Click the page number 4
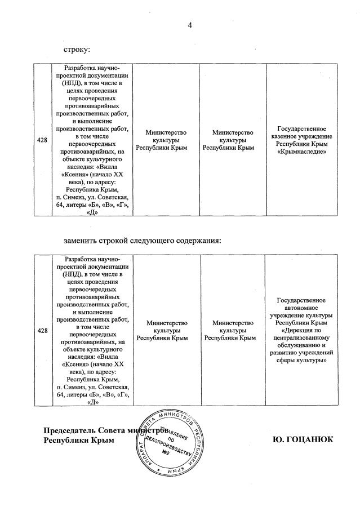190,25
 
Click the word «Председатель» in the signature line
71,430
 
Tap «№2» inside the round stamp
166,452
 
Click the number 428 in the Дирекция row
42,330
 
